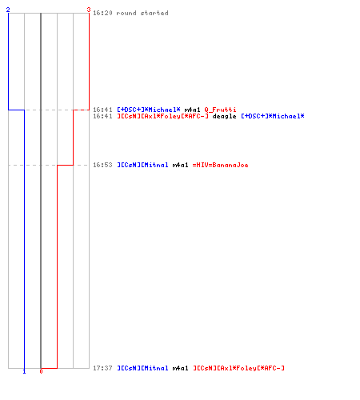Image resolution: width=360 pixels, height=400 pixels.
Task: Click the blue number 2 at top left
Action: [x=8, y=10]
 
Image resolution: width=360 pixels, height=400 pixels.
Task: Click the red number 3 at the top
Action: [x=89, y=10]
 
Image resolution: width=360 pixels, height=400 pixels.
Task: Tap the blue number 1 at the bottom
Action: [x=24, y=371]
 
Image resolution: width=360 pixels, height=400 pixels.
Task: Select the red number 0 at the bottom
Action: [x=41, y=371]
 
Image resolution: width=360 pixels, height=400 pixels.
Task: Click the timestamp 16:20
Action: [x=102, y=13]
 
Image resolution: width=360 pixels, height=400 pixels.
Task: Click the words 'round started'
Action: [x=142, y=13]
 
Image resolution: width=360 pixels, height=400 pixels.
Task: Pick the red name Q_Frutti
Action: [x=220, y=110]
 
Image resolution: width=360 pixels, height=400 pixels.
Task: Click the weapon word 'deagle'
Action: [x=224, y=116]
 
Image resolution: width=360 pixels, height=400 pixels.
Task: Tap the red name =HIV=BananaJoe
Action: [x=220, y=165]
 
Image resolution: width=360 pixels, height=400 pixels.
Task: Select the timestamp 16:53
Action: [x=102, y=165]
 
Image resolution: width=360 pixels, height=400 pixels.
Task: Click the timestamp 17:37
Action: [x=102, y=368]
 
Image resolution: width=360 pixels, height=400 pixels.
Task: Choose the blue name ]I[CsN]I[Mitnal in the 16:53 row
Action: [x=142, y=165]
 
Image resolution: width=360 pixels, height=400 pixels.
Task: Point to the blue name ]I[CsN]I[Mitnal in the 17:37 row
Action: [x=142, y=368]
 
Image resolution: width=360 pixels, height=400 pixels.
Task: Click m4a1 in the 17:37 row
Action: [x=180, y=368]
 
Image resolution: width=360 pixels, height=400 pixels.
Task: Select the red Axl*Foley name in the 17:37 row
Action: [x=238, y=368]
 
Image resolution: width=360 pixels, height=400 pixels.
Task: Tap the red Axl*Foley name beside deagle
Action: [x=162, y=116]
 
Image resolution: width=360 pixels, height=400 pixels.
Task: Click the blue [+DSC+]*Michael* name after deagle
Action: [x=273, y=116]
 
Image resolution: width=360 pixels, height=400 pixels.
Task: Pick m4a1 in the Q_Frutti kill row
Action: [x=192, y=110]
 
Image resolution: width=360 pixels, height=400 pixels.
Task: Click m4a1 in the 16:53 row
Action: [x=180, y=165]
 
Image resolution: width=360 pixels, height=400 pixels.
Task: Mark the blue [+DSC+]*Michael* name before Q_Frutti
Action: [x=149, y=110]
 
